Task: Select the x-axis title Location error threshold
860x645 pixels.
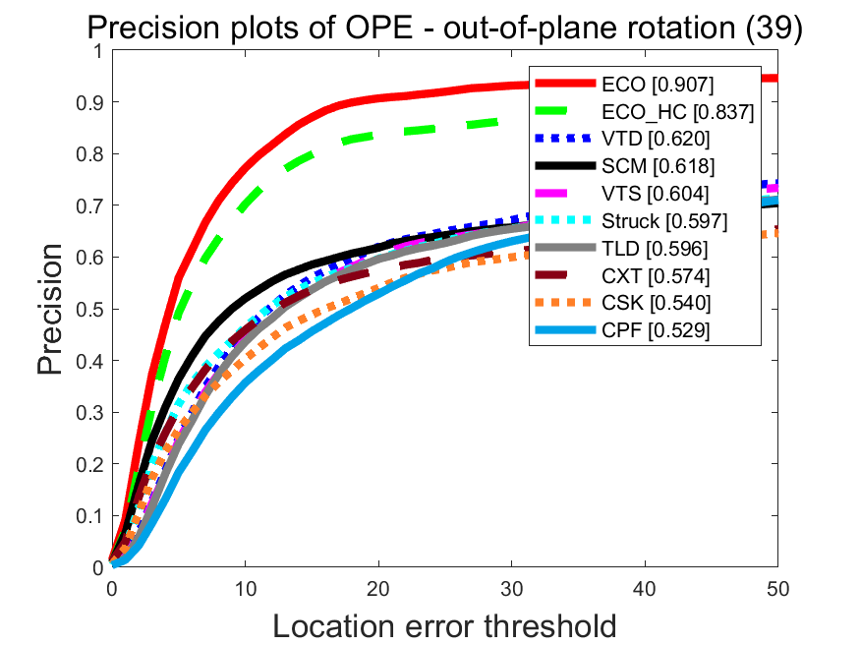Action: (444, 624)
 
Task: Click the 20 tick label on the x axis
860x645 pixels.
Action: (378, 587)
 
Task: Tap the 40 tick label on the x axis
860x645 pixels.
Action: (645, 587)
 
